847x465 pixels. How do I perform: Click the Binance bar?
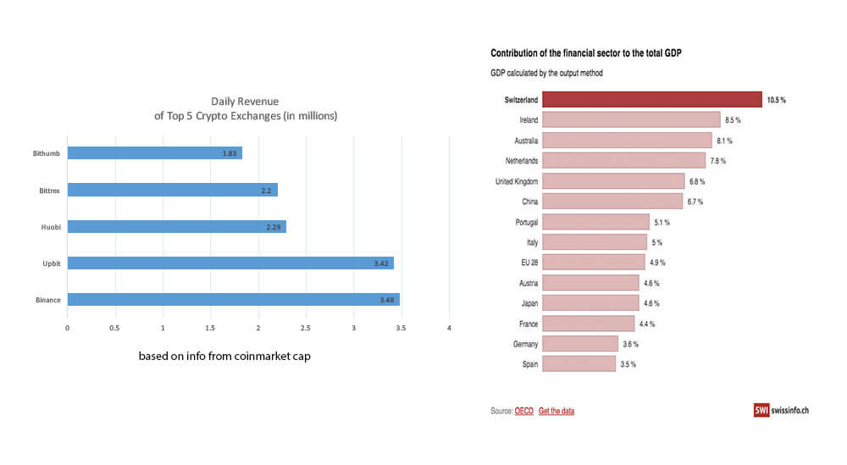pos(233,300)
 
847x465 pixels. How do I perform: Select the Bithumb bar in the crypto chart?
pos(154,153)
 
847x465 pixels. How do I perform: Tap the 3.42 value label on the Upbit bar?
pos(380,263)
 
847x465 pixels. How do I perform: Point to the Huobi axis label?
pos(51,227)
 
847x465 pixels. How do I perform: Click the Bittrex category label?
pos(49,190)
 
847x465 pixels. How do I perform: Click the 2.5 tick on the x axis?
pos(306,328)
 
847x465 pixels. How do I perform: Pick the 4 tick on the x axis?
pos(449,328)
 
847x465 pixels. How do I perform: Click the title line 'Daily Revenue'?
pos(245,101)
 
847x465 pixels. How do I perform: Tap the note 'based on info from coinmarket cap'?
pos(224,357)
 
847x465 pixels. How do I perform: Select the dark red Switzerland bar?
pos(652,99)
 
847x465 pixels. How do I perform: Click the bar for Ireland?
pos(631,120)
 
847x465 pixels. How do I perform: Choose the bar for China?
pos(612,202)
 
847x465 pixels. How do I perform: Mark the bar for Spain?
pos(579,364)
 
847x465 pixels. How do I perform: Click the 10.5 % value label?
pos(776,100)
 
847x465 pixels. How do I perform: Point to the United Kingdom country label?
pos(517,181)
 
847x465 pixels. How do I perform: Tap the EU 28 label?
pos(530,263)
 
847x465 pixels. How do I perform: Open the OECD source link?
pos(524,411)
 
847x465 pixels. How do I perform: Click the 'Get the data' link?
pos(556,411)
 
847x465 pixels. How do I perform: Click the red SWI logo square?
pos(761,410)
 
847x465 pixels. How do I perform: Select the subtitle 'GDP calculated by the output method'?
pos(546,73)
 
